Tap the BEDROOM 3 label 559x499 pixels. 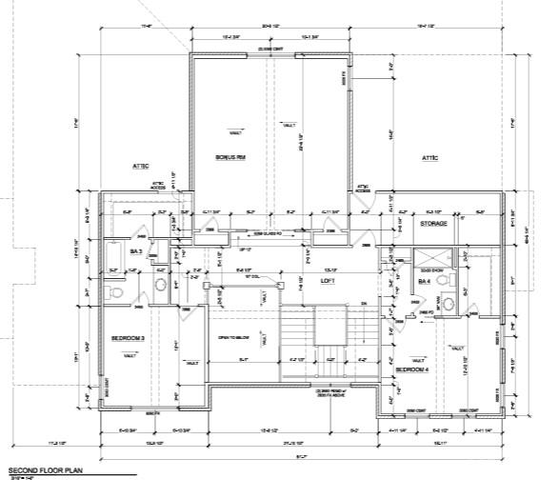click(128, 338)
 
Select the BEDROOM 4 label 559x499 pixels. click(411, 368)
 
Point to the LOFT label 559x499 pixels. click(328, 282)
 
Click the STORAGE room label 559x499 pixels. click(433, 224)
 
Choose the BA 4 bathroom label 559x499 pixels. click(424, 282)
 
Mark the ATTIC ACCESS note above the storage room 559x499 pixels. click(363, 189)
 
